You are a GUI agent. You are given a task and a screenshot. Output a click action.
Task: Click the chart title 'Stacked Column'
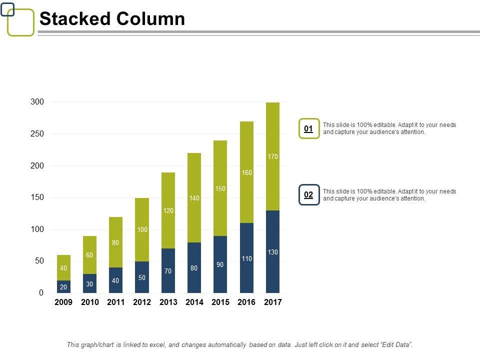click(x=112, y=19)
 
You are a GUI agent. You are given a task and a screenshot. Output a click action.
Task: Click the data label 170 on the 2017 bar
click(x=272, y=157)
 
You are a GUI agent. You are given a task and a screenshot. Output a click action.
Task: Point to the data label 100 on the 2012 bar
click(x=142, y=229)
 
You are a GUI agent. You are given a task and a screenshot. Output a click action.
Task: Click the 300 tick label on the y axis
click(x=37, y=102)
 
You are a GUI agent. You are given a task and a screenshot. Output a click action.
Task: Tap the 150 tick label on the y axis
click(x=37, y=197)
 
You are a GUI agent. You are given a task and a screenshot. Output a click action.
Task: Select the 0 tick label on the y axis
click(x=41, y=293)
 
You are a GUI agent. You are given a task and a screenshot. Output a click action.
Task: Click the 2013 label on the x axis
click(x=168, y=302)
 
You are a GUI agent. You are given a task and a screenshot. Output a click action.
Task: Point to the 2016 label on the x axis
click(x=246, y=302)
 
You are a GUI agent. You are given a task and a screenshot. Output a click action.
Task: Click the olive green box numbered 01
click(x=309, y=128)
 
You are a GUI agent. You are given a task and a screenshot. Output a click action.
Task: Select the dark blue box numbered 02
click(x=309, y=194)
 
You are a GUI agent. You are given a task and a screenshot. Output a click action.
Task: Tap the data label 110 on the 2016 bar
click(x=246, y=258)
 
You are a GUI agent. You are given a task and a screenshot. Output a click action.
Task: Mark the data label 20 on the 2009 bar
click(x=63, y=287)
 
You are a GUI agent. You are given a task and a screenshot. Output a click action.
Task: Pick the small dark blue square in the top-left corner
click(x=7, y=8)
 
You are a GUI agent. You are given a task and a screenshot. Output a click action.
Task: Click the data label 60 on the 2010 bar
click(x=89, y=255)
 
